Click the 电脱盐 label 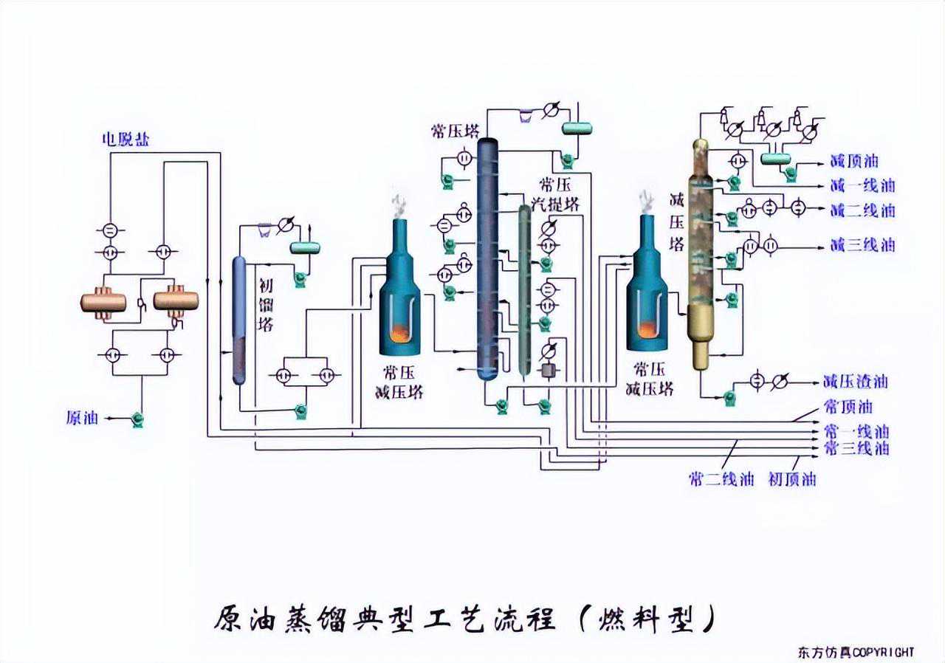pos(125,140)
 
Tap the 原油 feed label pos(82,418)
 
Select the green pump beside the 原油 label pos(137,419)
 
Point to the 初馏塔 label pos(266,304)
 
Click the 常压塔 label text pos(452,131)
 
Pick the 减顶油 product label pos(854,161)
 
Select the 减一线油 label pos(862,185)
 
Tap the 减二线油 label pos(862,210)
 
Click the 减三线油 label pos(862,244)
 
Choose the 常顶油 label pos(848,407)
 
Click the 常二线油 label pos(721,479)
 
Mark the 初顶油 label pos(792,479)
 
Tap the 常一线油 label pos(856,431)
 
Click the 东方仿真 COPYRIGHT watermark pos(856,652)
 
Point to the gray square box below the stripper pos(548,370)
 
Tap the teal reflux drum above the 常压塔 pos(577,128)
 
